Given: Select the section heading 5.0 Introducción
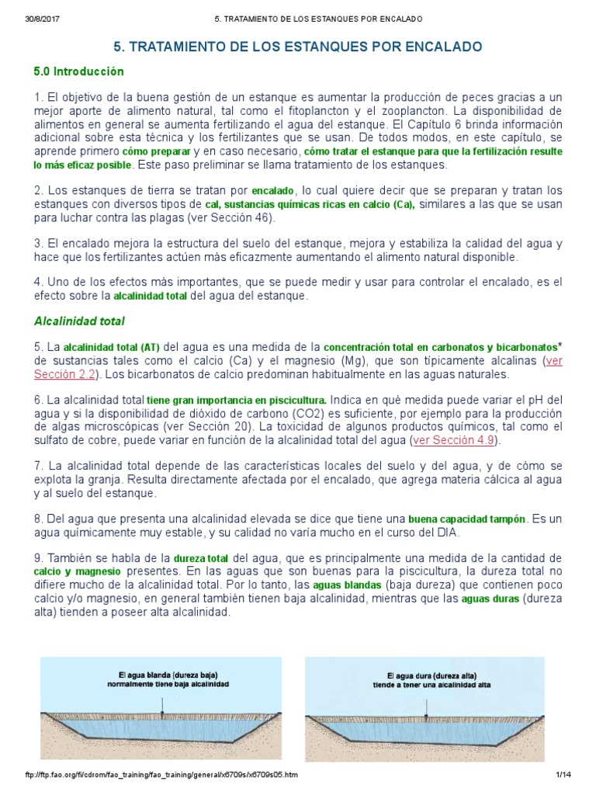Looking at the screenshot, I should [78, 71].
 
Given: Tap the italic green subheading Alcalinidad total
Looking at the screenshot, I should [79, 321].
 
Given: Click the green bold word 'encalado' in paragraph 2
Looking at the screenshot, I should [273, 190].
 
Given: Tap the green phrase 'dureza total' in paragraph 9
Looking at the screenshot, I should [201, 557].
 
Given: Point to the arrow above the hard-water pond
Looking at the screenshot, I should [426, 705].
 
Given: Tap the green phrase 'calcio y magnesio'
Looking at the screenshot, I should [74, 571].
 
